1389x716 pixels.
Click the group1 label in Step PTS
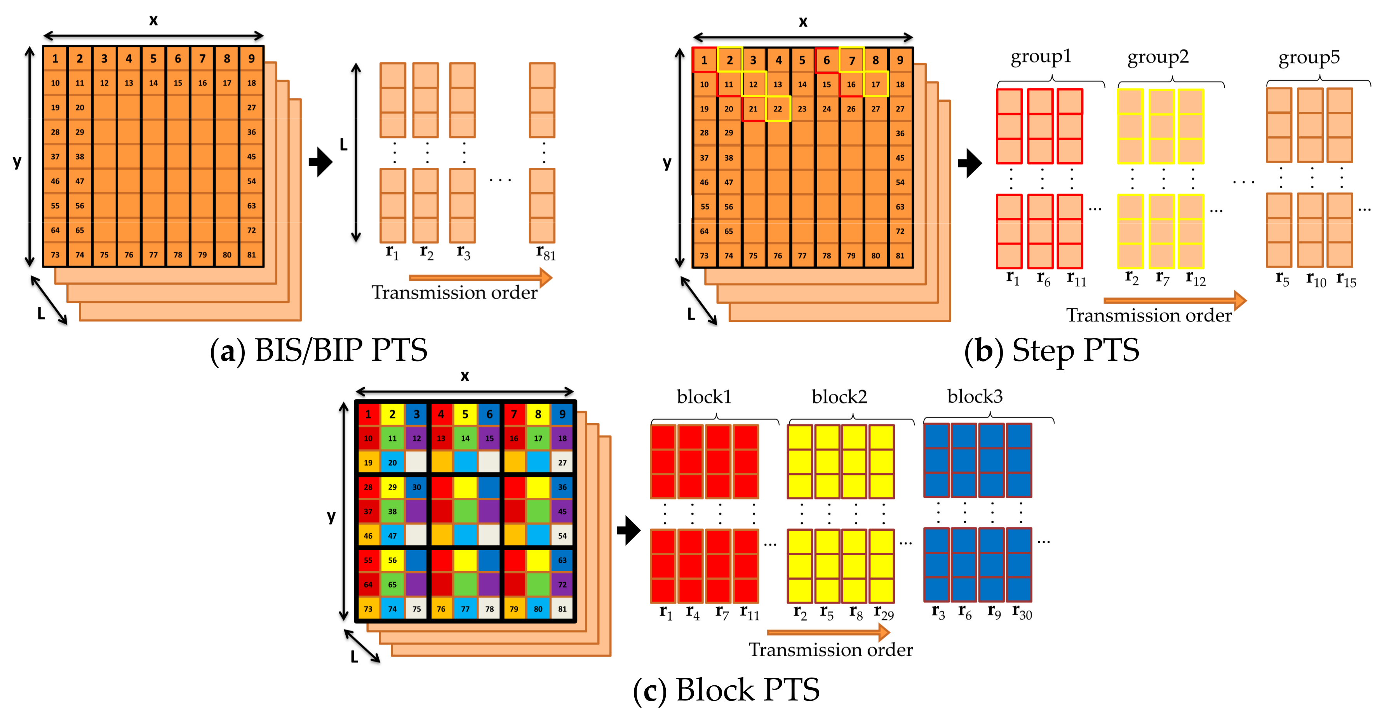pyautogui.click(x=1040, y=57)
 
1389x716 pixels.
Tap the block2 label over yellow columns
pyautogui.click(x=839, y=397)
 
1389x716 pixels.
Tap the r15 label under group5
pyautogui.click(x=1346, y=280)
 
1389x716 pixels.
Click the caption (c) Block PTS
pyautogui.click(x=726, y=690)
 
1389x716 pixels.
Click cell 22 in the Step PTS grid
pyautogui.click(x=778, y=109)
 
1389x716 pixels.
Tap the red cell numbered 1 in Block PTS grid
pyautogui.click(x=368, y=414)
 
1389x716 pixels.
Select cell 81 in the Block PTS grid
pyautogui.click(x=562, y=609)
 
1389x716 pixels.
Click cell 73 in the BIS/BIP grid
pyautogui.click(x=55, y=254)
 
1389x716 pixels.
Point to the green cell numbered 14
pyautogui.click(x=465, y=438)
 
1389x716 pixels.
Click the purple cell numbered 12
pyautogui.click(x=416, y=438)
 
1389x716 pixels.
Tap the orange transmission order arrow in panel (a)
pyautogui.click(x=480, y=278)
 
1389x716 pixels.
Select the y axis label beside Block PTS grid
pyautogui.click(x=331, y=516)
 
